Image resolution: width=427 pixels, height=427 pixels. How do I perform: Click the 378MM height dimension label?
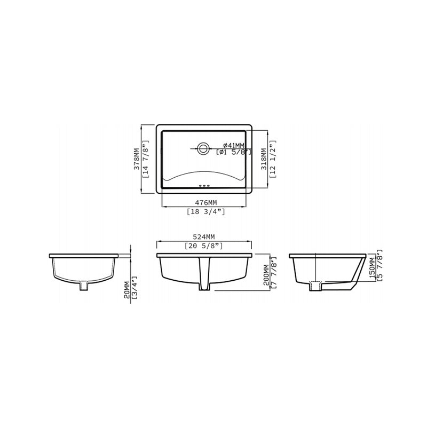pyautogui.click(x=136, y=159)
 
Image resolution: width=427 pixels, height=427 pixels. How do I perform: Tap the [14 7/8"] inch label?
pyautogui.click(x=144, y=159)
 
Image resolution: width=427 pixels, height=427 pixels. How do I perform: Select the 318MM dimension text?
pyautogui.click(x=263, y=159)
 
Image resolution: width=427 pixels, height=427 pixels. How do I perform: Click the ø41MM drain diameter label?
pyautogui.click(x=233, y=145)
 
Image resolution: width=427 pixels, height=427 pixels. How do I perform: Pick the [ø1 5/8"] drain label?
pyautogui.click(x=233, y=153)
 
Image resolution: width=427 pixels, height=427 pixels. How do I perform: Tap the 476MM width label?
pyautogui.click(x=205, y=202)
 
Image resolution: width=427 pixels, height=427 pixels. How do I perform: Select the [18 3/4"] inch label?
pyautogui.click(x=205, y=212)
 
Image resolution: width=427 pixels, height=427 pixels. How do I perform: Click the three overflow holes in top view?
pyautogui.click(x=203, y=186)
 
